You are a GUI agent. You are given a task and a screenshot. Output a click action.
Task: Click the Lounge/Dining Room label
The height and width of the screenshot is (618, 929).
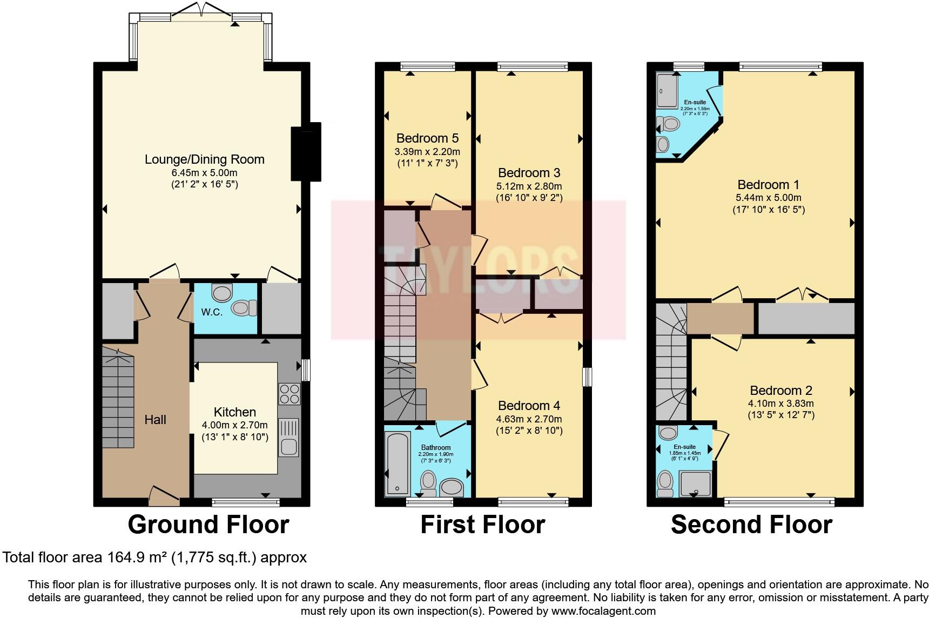(x=204, y=159)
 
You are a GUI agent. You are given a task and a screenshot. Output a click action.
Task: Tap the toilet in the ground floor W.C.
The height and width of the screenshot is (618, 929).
(x=245, y=308)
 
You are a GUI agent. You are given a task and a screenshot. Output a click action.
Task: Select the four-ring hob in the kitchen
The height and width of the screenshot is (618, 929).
(x=289, y=394)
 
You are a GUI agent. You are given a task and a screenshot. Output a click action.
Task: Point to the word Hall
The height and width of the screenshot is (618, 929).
(x=155, y=420)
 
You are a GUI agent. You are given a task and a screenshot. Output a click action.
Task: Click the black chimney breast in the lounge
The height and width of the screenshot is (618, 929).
(x=306, y=153)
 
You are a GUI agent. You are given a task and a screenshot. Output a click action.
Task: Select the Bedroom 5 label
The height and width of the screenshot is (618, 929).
(x=427, y=138)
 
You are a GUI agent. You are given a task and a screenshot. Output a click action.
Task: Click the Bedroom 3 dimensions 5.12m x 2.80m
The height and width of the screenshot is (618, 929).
(x=529, y=186)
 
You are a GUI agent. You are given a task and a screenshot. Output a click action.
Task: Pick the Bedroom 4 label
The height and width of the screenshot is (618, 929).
(x=529, y=406)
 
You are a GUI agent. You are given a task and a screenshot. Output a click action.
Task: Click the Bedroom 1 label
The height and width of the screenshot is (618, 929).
(x=768, y=185)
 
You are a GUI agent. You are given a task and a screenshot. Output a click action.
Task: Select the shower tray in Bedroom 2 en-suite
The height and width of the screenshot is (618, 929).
(x=695, y=483)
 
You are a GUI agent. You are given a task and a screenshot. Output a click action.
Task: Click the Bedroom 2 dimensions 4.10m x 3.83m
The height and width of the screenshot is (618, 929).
(x=780, y=404)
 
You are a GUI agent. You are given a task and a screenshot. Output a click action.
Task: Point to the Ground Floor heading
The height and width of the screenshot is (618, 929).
(x=208, y=525)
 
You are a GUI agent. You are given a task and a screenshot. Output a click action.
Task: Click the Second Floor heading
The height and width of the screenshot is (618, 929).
(x=751, y=525)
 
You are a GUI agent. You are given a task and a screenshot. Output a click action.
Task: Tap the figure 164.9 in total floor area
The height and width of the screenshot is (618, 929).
(x=126, y=557)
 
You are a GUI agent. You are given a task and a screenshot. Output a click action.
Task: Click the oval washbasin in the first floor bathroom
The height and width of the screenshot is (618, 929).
(x=452, y=488)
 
